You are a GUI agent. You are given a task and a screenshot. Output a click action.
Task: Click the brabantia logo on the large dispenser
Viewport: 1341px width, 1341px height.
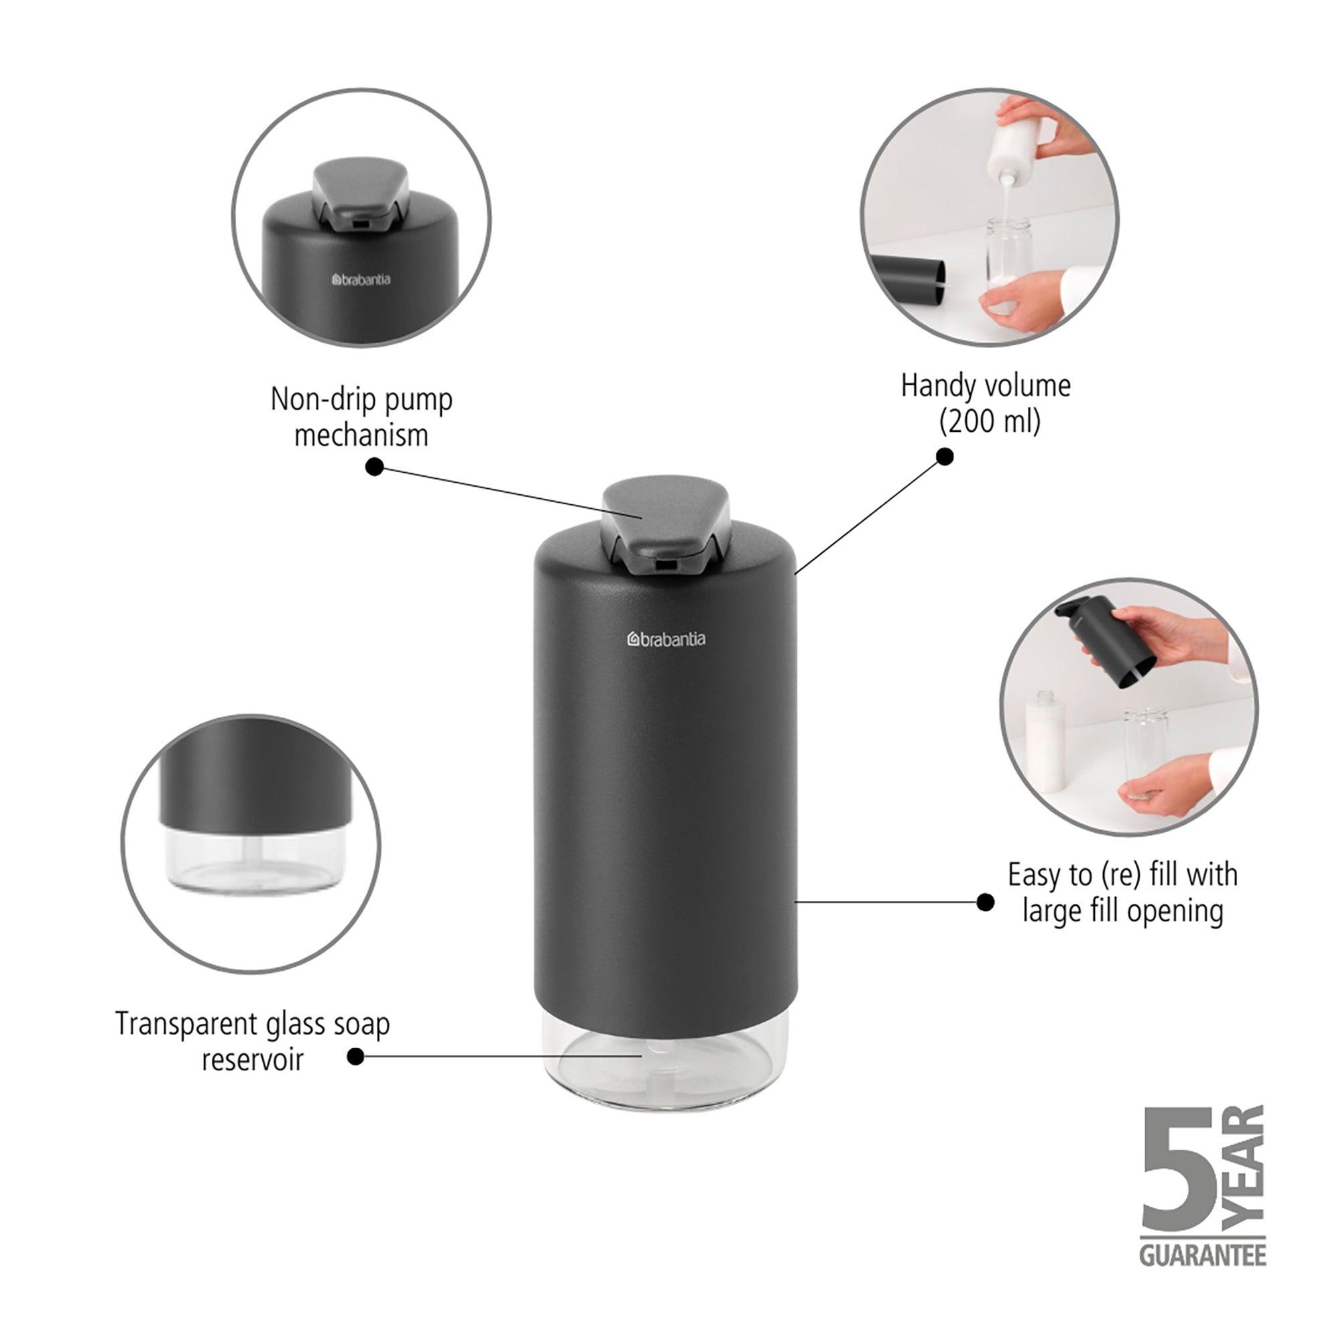666,639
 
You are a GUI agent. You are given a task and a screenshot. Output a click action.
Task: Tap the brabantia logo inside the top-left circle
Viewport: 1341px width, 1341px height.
361,280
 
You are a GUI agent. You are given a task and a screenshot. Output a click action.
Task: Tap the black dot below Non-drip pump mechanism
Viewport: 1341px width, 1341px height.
374,467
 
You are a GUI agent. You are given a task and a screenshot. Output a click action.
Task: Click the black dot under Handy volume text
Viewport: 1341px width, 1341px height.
945,456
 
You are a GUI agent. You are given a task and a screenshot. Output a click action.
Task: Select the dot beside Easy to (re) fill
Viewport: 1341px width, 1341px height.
984,902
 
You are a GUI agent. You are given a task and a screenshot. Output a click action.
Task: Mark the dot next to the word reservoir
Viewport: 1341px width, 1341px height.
355,1057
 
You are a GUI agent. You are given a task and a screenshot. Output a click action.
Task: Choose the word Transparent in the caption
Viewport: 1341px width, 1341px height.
185,1024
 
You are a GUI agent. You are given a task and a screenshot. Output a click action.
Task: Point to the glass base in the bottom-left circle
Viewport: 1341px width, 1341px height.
254,861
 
